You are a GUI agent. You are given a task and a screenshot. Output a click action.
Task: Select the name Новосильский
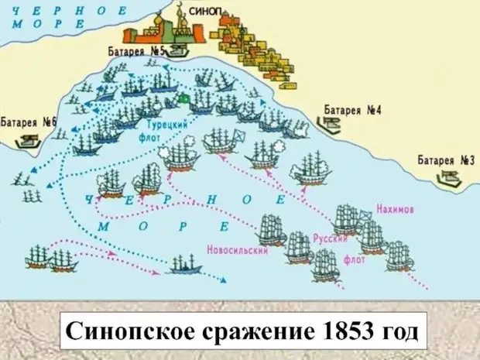pyautogui.click(x=237, y=250)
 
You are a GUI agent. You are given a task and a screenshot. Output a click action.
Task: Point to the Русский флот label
pyautogui.click(x=334, y=246)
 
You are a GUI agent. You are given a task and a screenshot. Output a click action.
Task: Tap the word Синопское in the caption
pyautogui.click(x=127, y=331)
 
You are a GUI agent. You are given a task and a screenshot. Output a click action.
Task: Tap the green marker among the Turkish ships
pyautogui.click(x=185, y=98)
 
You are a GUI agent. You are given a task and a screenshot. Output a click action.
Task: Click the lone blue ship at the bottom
pyautogui.click(x=183, y=266)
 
